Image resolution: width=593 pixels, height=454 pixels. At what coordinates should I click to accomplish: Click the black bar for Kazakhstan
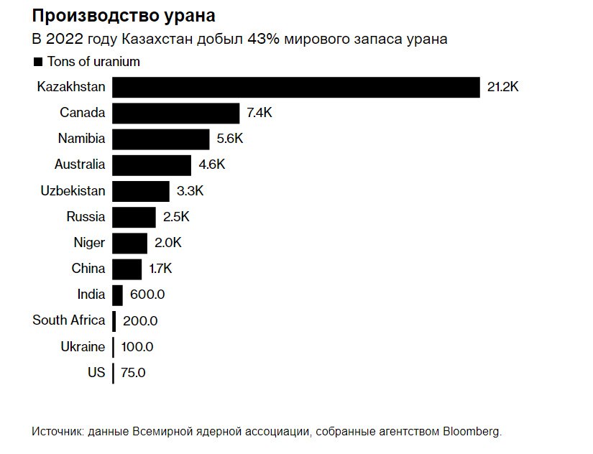coord(295,87)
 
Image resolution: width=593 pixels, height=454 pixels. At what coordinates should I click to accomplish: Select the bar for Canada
coord(175,113)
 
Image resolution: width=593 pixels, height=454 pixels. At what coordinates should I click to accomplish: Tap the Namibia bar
coord(160,139)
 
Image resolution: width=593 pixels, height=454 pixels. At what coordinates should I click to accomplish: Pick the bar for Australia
coord(152,165)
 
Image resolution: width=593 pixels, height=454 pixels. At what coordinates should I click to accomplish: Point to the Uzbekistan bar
coord(141,191)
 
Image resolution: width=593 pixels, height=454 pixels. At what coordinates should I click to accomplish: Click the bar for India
coord(118,295)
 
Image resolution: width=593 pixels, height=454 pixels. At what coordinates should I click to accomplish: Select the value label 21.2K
coord(502,87)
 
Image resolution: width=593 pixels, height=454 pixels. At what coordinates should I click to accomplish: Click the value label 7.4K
coord(260,113)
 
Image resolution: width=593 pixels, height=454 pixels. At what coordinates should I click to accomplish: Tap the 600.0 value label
coord(147,295)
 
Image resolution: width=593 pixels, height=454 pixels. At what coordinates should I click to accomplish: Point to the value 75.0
coord(133,373)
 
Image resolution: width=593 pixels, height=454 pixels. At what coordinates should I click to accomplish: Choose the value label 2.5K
coord(176,217)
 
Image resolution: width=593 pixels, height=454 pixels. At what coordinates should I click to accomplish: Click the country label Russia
coord(86,217)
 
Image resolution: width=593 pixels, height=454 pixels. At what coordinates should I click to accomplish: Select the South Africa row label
coord(68,320)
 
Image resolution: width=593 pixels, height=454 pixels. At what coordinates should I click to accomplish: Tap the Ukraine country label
coord(83,347)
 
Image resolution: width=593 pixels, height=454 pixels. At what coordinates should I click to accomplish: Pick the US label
coord(96,373)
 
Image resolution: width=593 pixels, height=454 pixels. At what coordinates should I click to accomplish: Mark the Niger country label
coord(89,243)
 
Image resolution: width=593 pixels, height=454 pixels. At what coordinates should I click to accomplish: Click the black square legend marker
coord(38,62)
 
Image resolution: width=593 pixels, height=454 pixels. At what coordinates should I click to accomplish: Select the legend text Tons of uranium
coord(93,62)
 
